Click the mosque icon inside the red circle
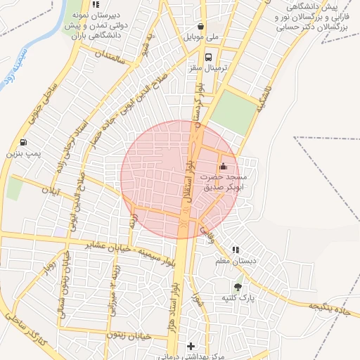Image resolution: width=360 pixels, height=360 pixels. (224, 167)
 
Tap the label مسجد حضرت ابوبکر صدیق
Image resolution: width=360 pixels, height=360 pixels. (222, 183)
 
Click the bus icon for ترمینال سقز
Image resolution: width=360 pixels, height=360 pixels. (208, 58)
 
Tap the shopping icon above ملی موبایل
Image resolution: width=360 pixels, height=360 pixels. (201, 26)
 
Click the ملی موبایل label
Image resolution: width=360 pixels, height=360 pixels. (202, 37)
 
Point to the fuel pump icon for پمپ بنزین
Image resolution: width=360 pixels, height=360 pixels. (24, 141)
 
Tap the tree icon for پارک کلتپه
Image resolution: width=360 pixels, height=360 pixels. (238, 287)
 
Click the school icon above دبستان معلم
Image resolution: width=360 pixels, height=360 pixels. (236, 250)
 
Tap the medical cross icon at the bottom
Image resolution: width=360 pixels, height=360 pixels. (191, 347)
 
